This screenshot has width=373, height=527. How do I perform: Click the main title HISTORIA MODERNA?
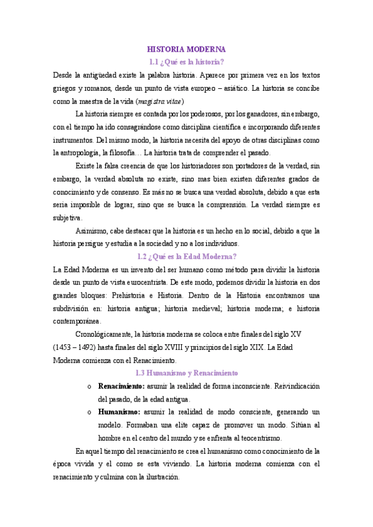point(186,48)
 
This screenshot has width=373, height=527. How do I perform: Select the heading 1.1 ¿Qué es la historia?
point(186,62)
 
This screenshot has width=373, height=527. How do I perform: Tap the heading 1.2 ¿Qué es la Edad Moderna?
point(186,256)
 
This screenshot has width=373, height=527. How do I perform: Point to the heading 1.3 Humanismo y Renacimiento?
point(186,373)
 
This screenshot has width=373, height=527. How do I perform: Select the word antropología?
point(85,153)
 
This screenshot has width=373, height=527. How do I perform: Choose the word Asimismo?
point(92,231)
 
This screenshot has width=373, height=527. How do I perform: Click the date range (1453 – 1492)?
point(78,347)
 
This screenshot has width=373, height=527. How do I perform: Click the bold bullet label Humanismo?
point(120,412)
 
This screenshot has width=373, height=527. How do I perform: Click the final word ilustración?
point(160,477)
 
